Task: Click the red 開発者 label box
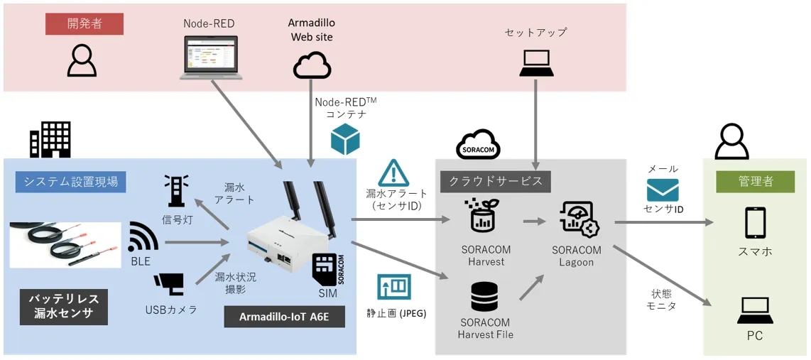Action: coord(85,24)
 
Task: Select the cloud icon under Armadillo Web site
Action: coord(312,65)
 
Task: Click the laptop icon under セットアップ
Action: coord(536,64)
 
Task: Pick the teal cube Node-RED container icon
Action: coord(345,139)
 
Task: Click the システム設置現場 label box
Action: coord(71,182)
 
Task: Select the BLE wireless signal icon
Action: coord(143,237)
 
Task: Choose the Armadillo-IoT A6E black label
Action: coord(285,317)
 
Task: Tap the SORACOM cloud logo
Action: coord(478,144)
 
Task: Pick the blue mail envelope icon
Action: coord(663,190)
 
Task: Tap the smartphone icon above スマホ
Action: coord(755,223)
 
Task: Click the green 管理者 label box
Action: coord(755,182)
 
